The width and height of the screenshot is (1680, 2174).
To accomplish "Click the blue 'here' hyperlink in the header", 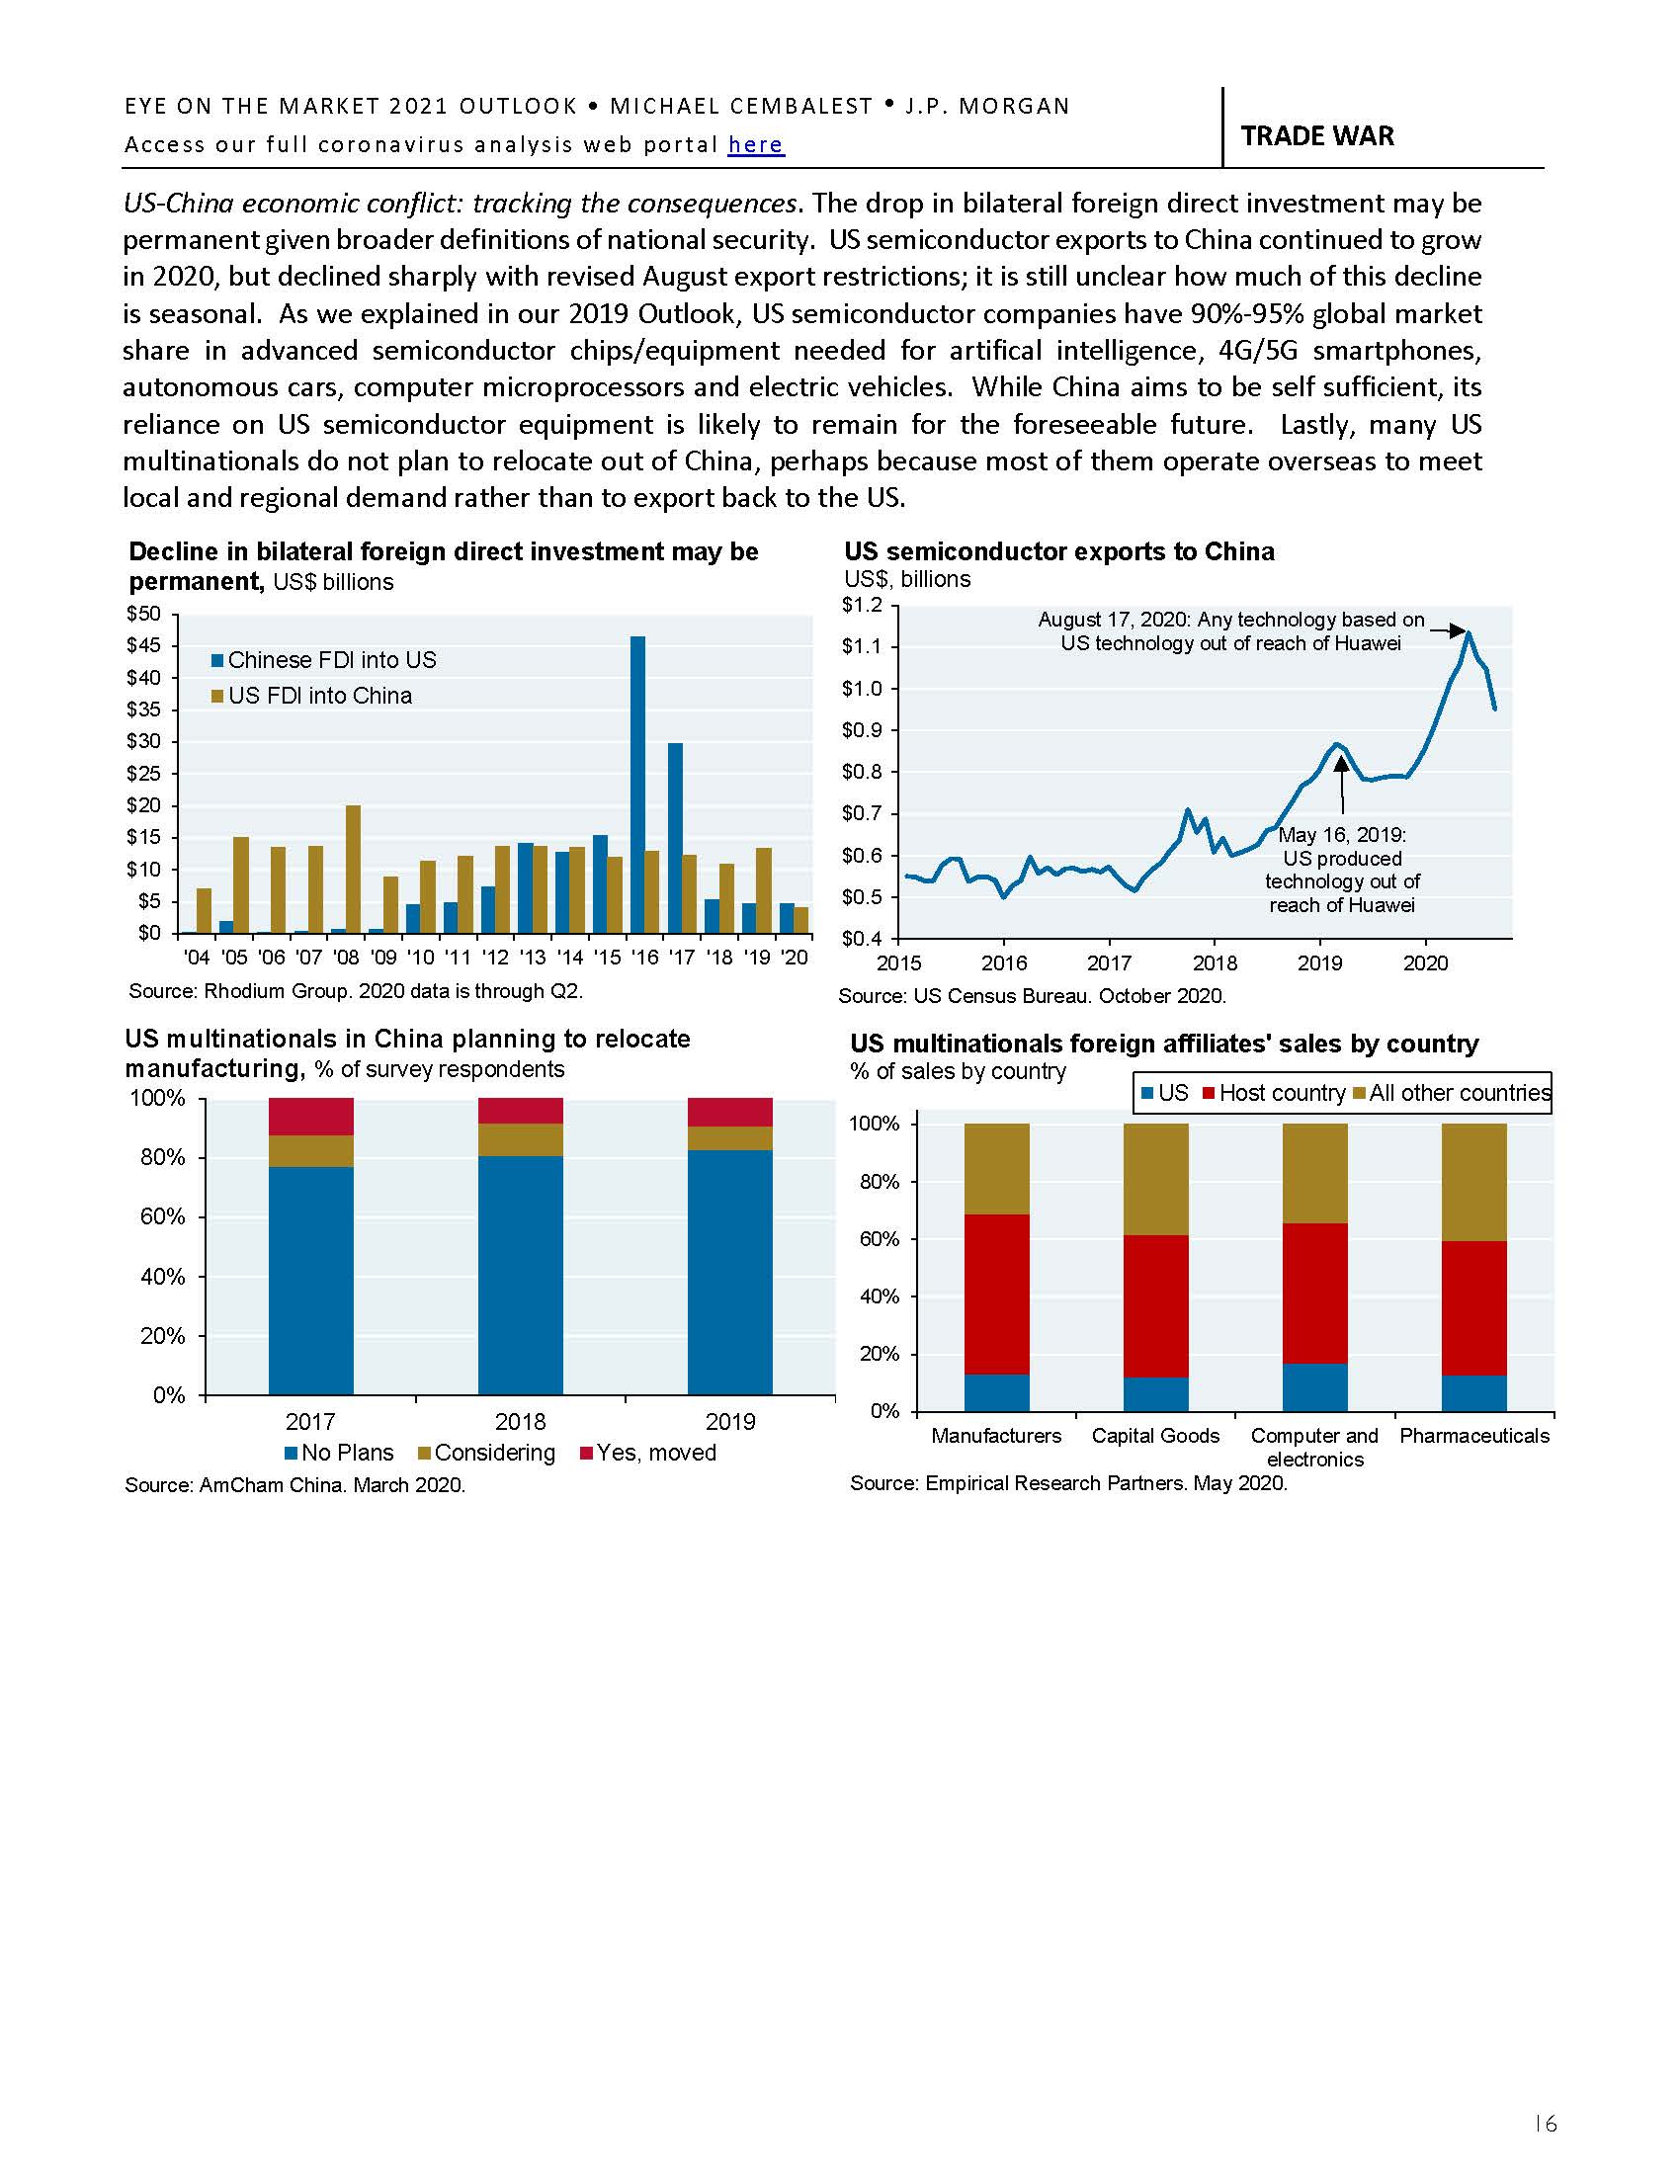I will (x=755, y=145).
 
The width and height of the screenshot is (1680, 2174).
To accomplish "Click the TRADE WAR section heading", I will (x=1316, y=136).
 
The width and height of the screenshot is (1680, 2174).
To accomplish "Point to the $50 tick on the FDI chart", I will (x=143, y=615).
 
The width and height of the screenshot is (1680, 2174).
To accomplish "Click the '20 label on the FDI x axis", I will (x=795, y=958).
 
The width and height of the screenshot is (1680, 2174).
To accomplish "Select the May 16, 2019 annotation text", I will (x=1342, y=869).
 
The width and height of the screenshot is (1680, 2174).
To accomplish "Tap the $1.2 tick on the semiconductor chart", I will (x=862, y=605).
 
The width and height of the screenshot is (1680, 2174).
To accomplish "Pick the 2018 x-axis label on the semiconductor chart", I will (x=1216, y=963).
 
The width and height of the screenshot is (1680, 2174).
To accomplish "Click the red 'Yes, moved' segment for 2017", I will (x=310, y=1116).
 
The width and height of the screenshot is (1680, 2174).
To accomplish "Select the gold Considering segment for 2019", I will (x=729, y=1137).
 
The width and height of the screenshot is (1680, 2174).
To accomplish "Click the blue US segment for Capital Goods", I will (x=1154, y=1393).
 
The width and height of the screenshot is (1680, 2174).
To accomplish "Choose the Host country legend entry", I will (x=1273, y=1093).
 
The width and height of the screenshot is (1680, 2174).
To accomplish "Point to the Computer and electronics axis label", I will (x=1313, y=1447).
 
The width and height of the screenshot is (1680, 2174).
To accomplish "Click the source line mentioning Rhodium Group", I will (x=356, y=991).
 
